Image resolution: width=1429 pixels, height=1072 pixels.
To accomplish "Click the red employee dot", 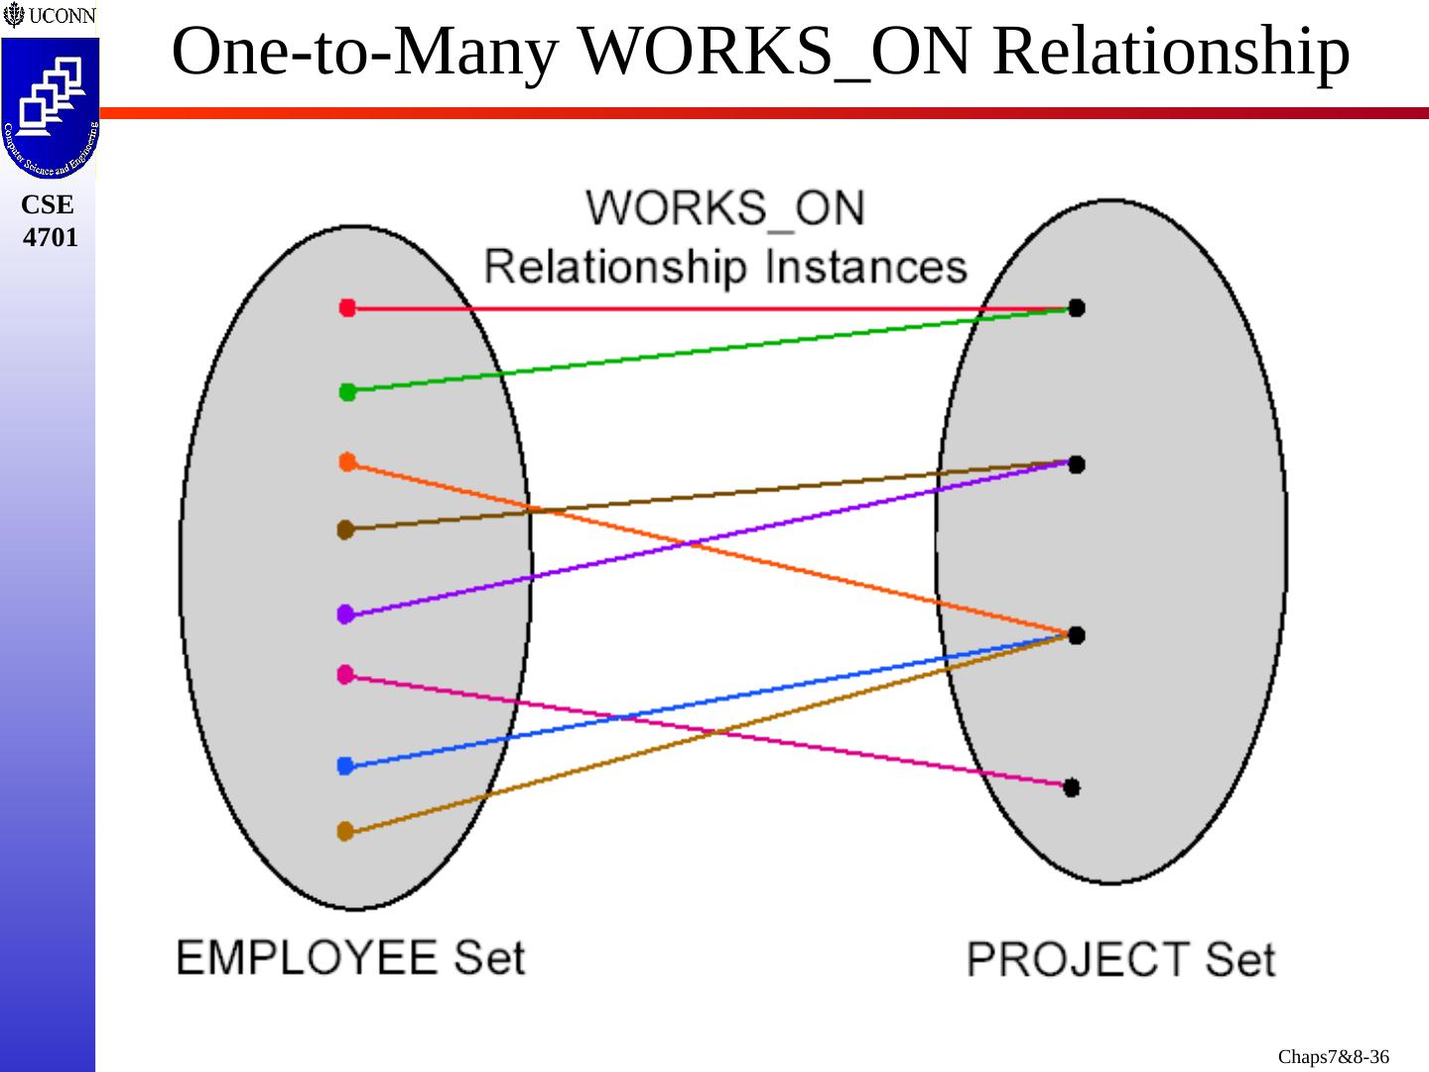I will [x=347, y=308].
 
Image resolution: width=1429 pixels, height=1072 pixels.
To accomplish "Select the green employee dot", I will [x=347, y=392].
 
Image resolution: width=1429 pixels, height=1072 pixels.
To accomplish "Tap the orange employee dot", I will [x=347, y=462].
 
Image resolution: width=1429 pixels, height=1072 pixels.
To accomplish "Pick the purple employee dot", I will [x=345, y=614].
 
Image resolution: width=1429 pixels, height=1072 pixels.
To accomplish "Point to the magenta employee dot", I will [x=345, y=675].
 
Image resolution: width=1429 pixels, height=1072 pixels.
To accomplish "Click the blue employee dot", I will [x=345, y=765].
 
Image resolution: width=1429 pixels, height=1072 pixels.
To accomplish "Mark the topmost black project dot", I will [x=1077, y=308].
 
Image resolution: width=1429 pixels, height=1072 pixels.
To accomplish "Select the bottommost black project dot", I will [x=1072, y=787].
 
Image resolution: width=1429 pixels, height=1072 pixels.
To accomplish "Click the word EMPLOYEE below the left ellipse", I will [x=307, y=958].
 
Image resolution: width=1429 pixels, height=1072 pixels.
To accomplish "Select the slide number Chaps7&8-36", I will [x=1333, y=1056].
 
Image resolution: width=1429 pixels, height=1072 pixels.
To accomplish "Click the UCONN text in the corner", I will [x=62, y=16].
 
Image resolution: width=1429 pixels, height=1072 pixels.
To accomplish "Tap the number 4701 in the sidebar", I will [x=50, y=237].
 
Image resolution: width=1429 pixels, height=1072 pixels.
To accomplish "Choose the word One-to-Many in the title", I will [x=364, y=52].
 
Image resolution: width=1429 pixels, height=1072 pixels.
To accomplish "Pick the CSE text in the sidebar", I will [x=48, y=204].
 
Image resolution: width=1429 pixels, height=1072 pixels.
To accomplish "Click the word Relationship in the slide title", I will [x=1171, y=52].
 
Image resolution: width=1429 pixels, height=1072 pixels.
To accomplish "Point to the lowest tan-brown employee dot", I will [x=345, y=831].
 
